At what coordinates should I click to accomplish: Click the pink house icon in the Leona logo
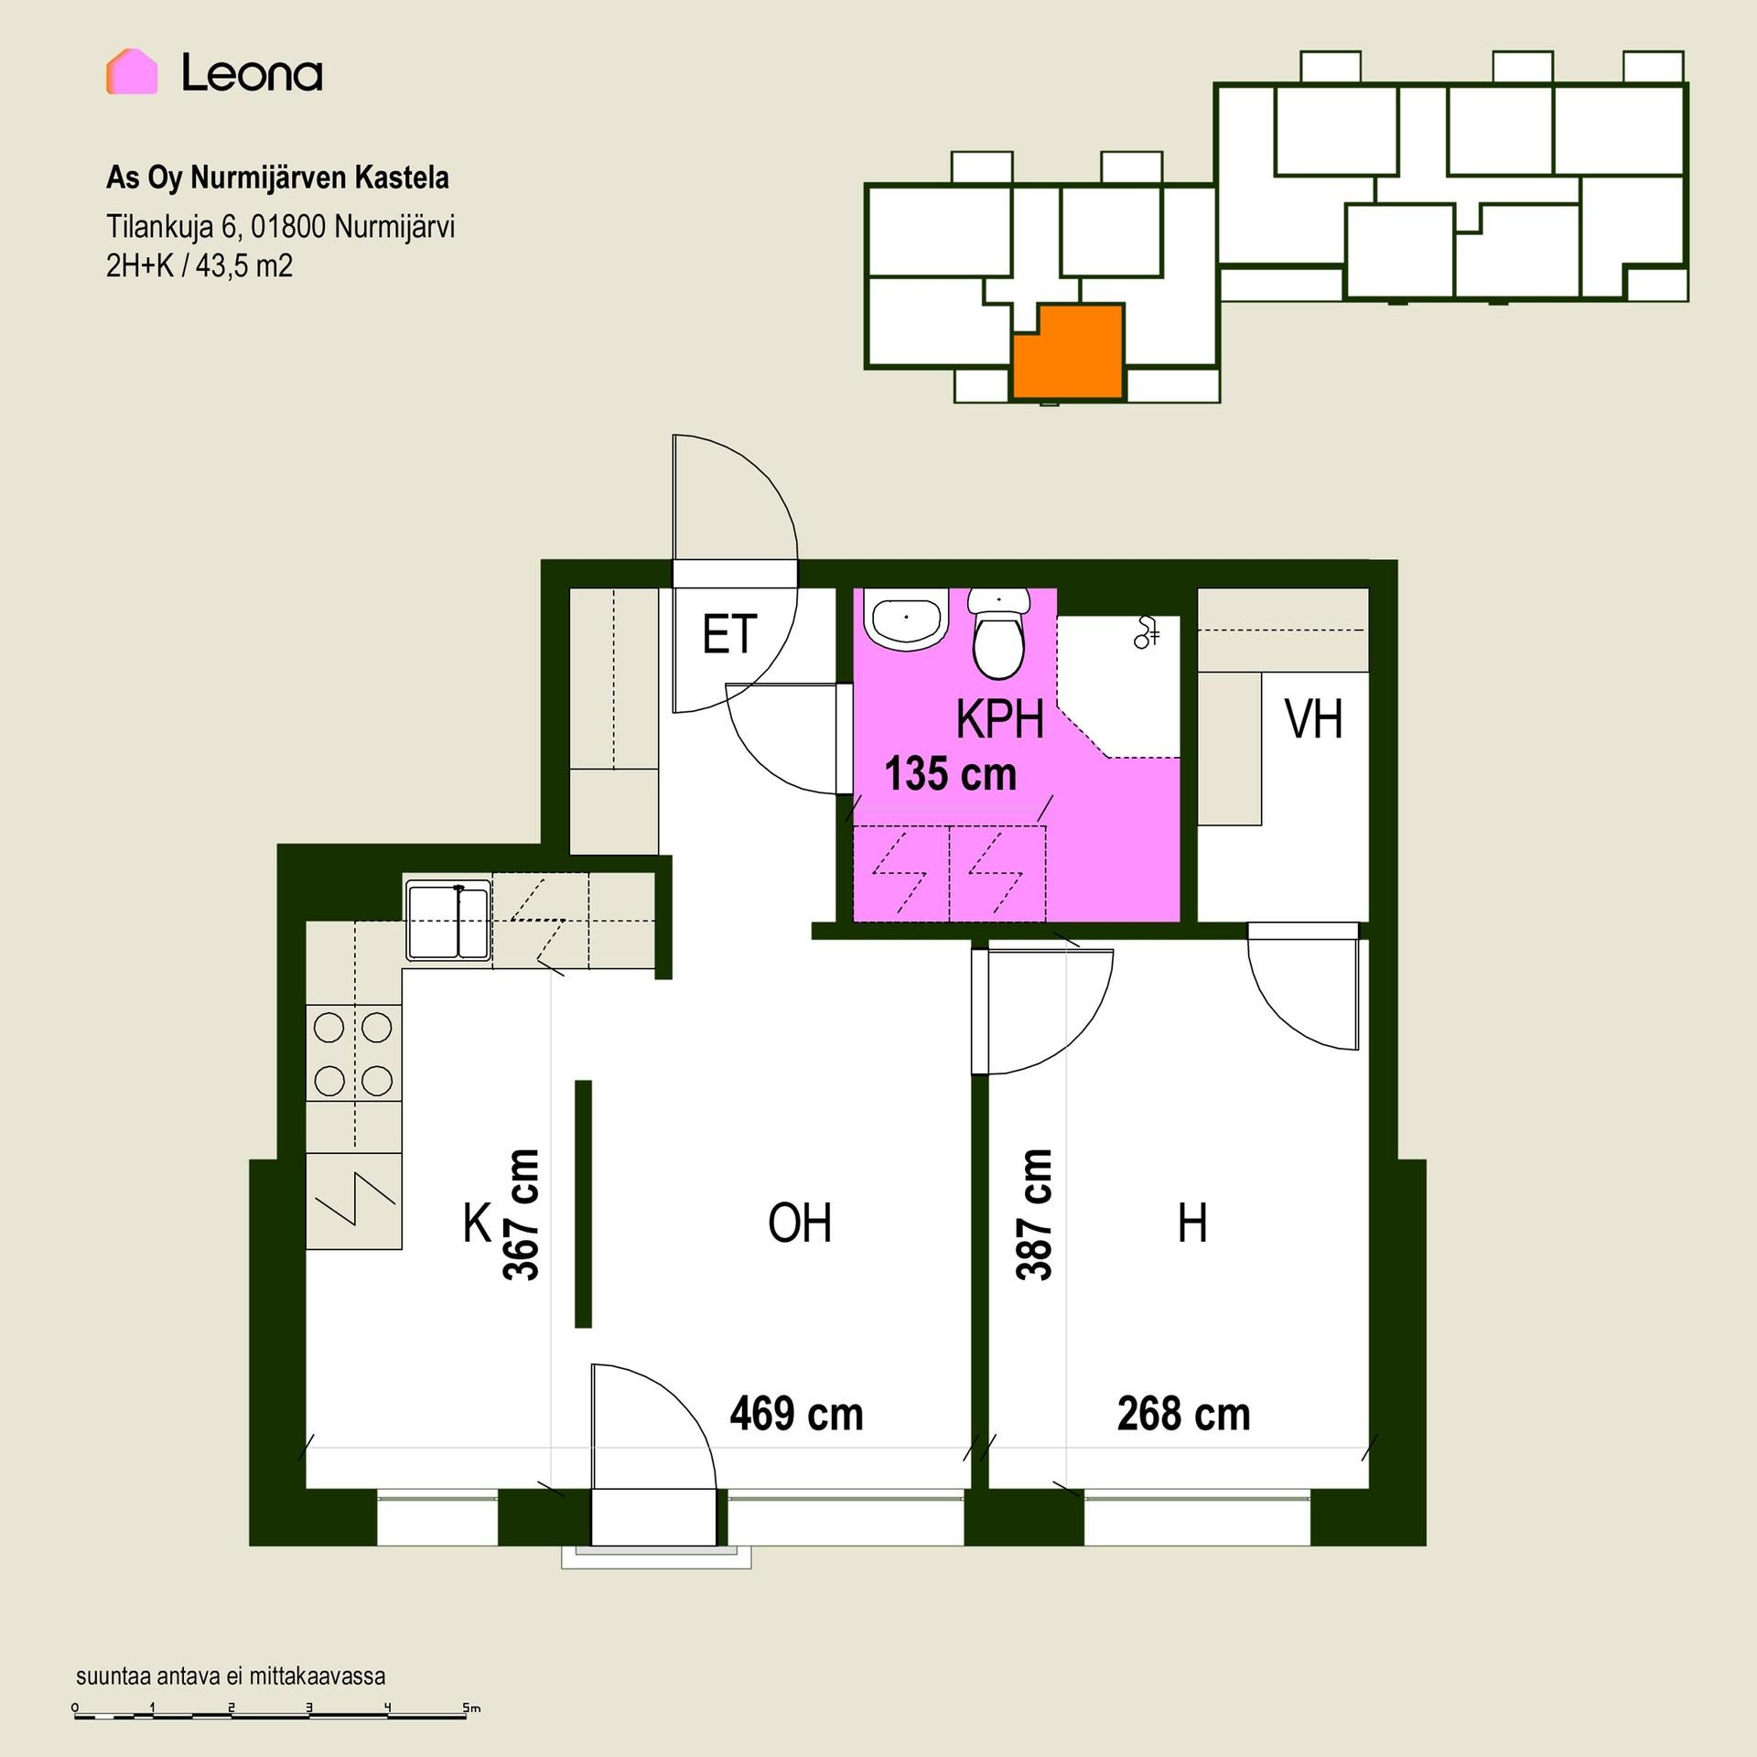click(x=132, y=71)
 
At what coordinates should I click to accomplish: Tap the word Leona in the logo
click(x=253, y=72)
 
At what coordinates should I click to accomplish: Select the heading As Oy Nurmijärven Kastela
click(x=277, y=178)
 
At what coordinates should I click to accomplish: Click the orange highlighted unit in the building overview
click(x=1068, y=352)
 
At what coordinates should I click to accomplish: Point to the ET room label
click(x=729, y=634)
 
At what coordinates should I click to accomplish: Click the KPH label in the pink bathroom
click(x=1000, y=719)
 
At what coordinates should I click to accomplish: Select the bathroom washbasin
click(x=907, y=620)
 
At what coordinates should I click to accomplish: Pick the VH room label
click(x=1314, y=719)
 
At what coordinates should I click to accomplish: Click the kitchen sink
click(x=448, y=920)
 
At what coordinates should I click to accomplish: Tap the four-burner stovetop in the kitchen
click(x=353, y=1054)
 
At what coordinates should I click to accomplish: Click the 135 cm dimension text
click(x=951, y=774)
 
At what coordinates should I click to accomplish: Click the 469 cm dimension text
click(x=796, y=1414)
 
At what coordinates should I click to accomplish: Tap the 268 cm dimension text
click(x=1183, y=1414)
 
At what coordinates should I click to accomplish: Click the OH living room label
click(x=800, y=1223)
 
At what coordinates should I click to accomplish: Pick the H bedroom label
click(x=1192, y=1223)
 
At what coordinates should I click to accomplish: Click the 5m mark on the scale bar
click(x=471, y=1708)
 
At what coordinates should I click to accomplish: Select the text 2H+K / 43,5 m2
click(x=199, y=266)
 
